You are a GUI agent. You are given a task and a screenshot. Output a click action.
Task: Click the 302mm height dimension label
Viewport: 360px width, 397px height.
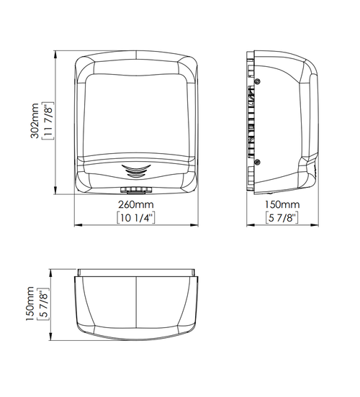tap(35, 121)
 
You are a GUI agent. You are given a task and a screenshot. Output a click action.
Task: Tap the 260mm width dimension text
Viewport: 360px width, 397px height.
tap(136, 204)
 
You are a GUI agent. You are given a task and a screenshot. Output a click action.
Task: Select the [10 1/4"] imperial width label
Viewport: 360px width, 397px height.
tap(136, 218)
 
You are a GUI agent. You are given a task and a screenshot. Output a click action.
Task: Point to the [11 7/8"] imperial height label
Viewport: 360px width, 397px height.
tap(48, 121)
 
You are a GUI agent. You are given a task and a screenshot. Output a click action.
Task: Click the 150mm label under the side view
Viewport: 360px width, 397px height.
tap(282, 204)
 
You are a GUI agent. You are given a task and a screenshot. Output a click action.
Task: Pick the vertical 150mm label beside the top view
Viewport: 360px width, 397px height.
tap(30, 304)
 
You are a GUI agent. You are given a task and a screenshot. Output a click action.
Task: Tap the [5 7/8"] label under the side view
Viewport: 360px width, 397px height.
tap(282, 218)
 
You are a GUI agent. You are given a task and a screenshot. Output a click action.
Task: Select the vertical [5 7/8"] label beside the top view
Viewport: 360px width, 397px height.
tap(43, 304)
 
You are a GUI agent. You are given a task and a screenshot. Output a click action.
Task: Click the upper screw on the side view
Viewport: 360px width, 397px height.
tap(257, 81)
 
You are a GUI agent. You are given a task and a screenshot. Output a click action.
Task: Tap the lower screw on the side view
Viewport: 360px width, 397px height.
tap(257, 162)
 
